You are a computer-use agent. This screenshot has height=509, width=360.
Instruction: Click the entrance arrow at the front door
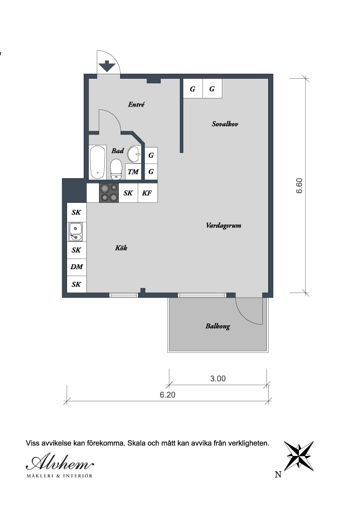point(107,66)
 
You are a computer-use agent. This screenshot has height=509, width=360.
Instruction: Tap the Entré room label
point(136,104)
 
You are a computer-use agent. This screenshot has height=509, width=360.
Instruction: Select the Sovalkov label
point(225,124)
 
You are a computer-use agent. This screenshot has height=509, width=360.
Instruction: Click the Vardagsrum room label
point(224,226)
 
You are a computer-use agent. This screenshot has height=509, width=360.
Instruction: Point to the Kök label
point(121,248)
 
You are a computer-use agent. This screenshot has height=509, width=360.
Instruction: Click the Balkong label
point(218,326)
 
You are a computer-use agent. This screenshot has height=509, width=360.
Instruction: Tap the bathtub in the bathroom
point(98,162)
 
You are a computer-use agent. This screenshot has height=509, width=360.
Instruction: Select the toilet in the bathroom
point(116,169)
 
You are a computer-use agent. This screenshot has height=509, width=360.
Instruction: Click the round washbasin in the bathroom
point(134,154)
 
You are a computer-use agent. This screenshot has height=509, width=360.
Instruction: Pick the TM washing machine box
point(133,172)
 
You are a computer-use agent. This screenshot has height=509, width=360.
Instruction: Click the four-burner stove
point(109,193)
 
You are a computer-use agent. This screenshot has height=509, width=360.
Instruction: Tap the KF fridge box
point(147,193)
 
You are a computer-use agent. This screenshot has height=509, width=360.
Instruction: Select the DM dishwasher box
point(76,267)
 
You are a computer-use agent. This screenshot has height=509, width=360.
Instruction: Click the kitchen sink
point(76,232)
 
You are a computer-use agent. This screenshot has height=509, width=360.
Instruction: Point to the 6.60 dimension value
point(299,186)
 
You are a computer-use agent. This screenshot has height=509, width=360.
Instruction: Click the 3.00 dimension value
point(218,379)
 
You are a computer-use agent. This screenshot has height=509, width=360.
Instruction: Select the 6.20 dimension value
point(167,395)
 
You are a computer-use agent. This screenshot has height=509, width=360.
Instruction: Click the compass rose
point(299,456)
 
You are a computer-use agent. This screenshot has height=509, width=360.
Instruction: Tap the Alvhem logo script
point(60,462)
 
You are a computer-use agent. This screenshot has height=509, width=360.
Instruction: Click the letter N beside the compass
point(278,474)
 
